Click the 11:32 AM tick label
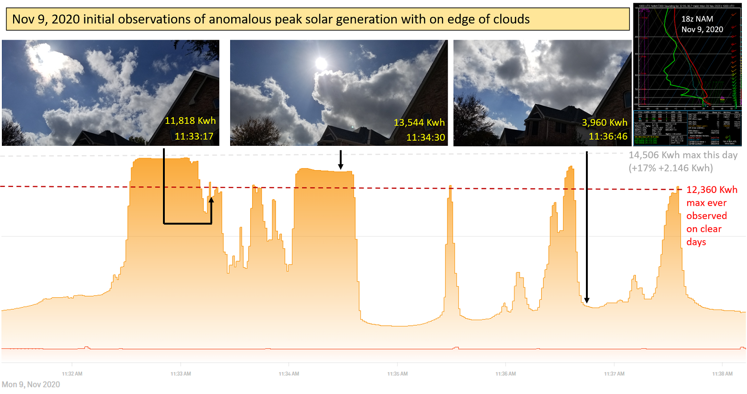(72, 374)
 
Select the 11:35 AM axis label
(397, 374)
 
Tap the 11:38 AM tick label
(722, 374)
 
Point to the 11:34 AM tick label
(289, 374)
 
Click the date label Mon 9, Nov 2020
(31, 385)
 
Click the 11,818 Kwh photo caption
(190, 121)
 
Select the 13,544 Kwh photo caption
(419, 122)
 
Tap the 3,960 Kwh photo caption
(604, 122)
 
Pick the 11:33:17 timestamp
(194, 136)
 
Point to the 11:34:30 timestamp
(425, 137)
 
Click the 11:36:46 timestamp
(608, 136)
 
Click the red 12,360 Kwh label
(712, 190)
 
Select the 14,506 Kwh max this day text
(683, 155)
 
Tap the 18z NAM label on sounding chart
(697, 19)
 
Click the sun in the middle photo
(321, 63)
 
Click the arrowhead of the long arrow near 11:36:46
(587, 300)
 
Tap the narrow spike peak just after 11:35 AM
(451, 186)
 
